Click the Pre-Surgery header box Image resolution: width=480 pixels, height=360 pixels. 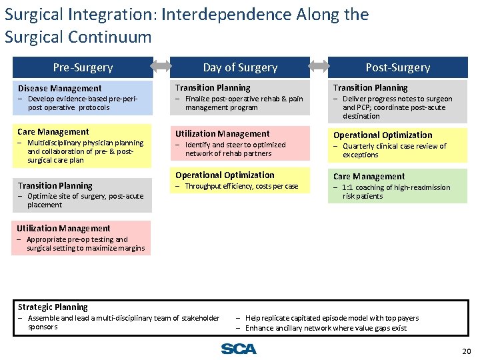(83, 67)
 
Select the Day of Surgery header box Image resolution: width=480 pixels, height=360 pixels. (240, 67)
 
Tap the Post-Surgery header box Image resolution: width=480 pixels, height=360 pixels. (398, 67)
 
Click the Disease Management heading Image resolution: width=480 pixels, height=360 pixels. (60, 88)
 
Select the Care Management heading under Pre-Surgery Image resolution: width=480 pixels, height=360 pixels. (53, 132)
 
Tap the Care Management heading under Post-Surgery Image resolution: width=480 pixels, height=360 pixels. (369, 177)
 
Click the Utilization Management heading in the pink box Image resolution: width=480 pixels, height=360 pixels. (222, 134)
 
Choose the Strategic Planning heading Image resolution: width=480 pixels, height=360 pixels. (53, 307)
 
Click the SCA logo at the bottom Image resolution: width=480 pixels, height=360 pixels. (239, 349)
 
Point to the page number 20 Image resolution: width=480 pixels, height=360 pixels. (466, 351)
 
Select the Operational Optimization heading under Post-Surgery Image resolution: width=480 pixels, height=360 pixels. (383, 135)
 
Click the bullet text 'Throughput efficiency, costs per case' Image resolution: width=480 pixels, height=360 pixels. (241, 187)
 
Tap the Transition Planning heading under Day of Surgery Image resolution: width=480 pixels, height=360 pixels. (213, 87)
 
